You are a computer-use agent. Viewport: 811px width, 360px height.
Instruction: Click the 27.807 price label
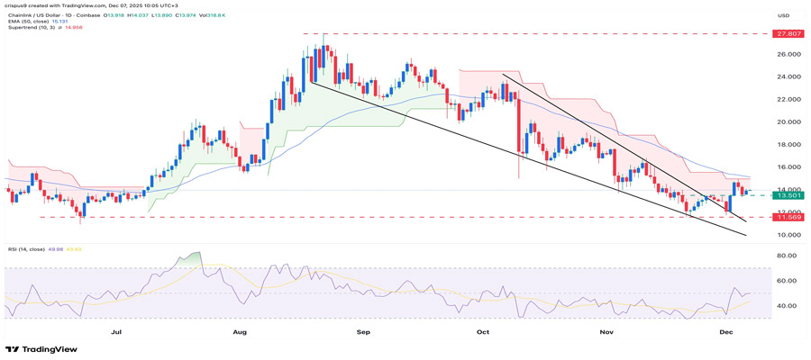[x=783, y=33]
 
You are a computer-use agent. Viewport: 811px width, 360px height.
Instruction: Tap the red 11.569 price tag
[x=783, y=217]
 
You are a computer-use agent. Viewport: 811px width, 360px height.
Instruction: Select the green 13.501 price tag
[x=783, y=194]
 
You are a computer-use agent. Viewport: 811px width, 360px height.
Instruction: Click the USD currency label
[x=783, y=15]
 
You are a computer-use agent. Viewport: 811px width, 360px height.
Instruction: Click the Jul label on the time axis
[x=115, y=331]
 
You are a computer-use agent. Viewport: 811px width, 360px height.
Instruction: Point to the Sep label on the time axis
[x=363, y=331]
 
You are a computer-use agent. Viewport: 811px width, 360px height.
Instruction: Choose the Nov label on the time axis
[x=606, y=331]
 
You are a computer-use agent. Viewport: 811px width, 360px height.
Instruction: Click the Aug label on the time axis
[x=240, y=331]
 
